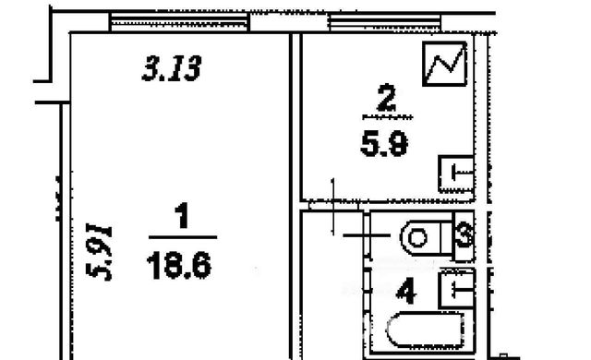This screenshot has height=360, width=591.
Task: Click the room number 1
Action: pyautogui.click(x=183, y=215)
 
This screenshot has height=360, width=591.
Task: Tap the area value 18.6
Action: pyautogui.click(x=179, y=266)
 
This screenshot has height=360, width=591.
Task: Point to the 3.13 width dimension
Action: pyautogui.click(x=172, y=68)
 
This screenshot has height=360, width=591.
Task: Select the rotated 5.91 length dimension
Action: pyautogui.click(x=99, y=252)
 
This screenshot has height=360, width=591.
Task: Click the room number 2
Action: pyautogui.click(x=387, y=98)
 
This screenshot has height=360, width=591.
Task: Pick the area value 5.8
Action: pyautogui.click(x=384, y=145)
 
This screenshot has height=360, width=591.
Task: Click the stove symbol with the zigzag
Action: pyautogui.click(x=445, y=64)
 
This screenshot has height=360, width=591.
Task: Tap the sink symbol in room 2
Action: pyautogui.click(x=456, y=174)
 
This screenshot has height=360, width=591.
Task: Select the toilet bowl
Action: pyautogui.click(x=426, y=238)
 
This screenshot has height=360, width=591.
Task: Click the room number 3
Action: pyautogui.click(x=464, y=235)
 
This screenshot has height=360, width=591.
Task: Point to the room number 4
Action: pyautogui.click(x=406, y=293)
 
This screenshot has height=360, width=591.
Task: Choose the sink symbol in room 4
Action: pyautogui.click(x=457, y=289)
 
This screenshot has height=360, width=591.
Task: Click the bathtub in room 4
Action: pyautogui.click(x=425, y=330)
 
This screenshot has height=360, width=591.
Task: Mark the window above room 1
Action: pyautogui.click(x=179, y=22)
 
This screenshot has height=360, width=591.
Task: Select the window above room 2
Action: pyautogui.click(x=385, y=22)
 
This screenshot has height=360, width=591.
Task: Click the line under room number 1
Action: pyautogui.click(x=183, y=237)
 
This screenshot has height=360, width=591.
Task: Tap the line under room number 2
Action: pyautogui.click(x=388, y=117)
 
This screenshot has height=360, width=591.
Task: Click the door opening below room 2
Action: pyautogui.click(x=332, y=206)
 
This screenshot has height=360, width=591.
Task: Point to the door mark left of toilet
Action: pyautogui.click(x=367, y=235)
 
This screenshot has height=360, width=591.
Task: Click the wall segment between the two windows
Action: pyautogui.click(x=289, y=22)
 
